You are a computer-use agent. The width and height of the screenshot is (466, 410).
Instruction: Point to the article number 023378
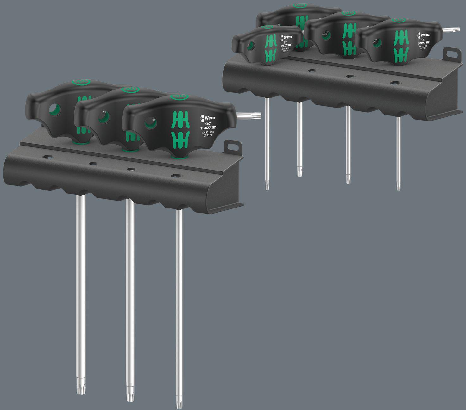tap(207, 135)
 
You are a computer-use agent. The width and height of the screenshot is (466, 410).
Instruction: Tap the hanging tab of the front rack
tap(233, 147)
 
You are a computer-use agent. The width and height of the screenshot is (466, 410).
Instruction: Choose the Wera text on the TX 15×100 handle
tap(424, 35)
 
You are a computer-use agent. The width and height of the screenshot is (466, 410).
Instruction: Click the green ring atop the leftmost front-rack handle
tap(81, 82)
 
